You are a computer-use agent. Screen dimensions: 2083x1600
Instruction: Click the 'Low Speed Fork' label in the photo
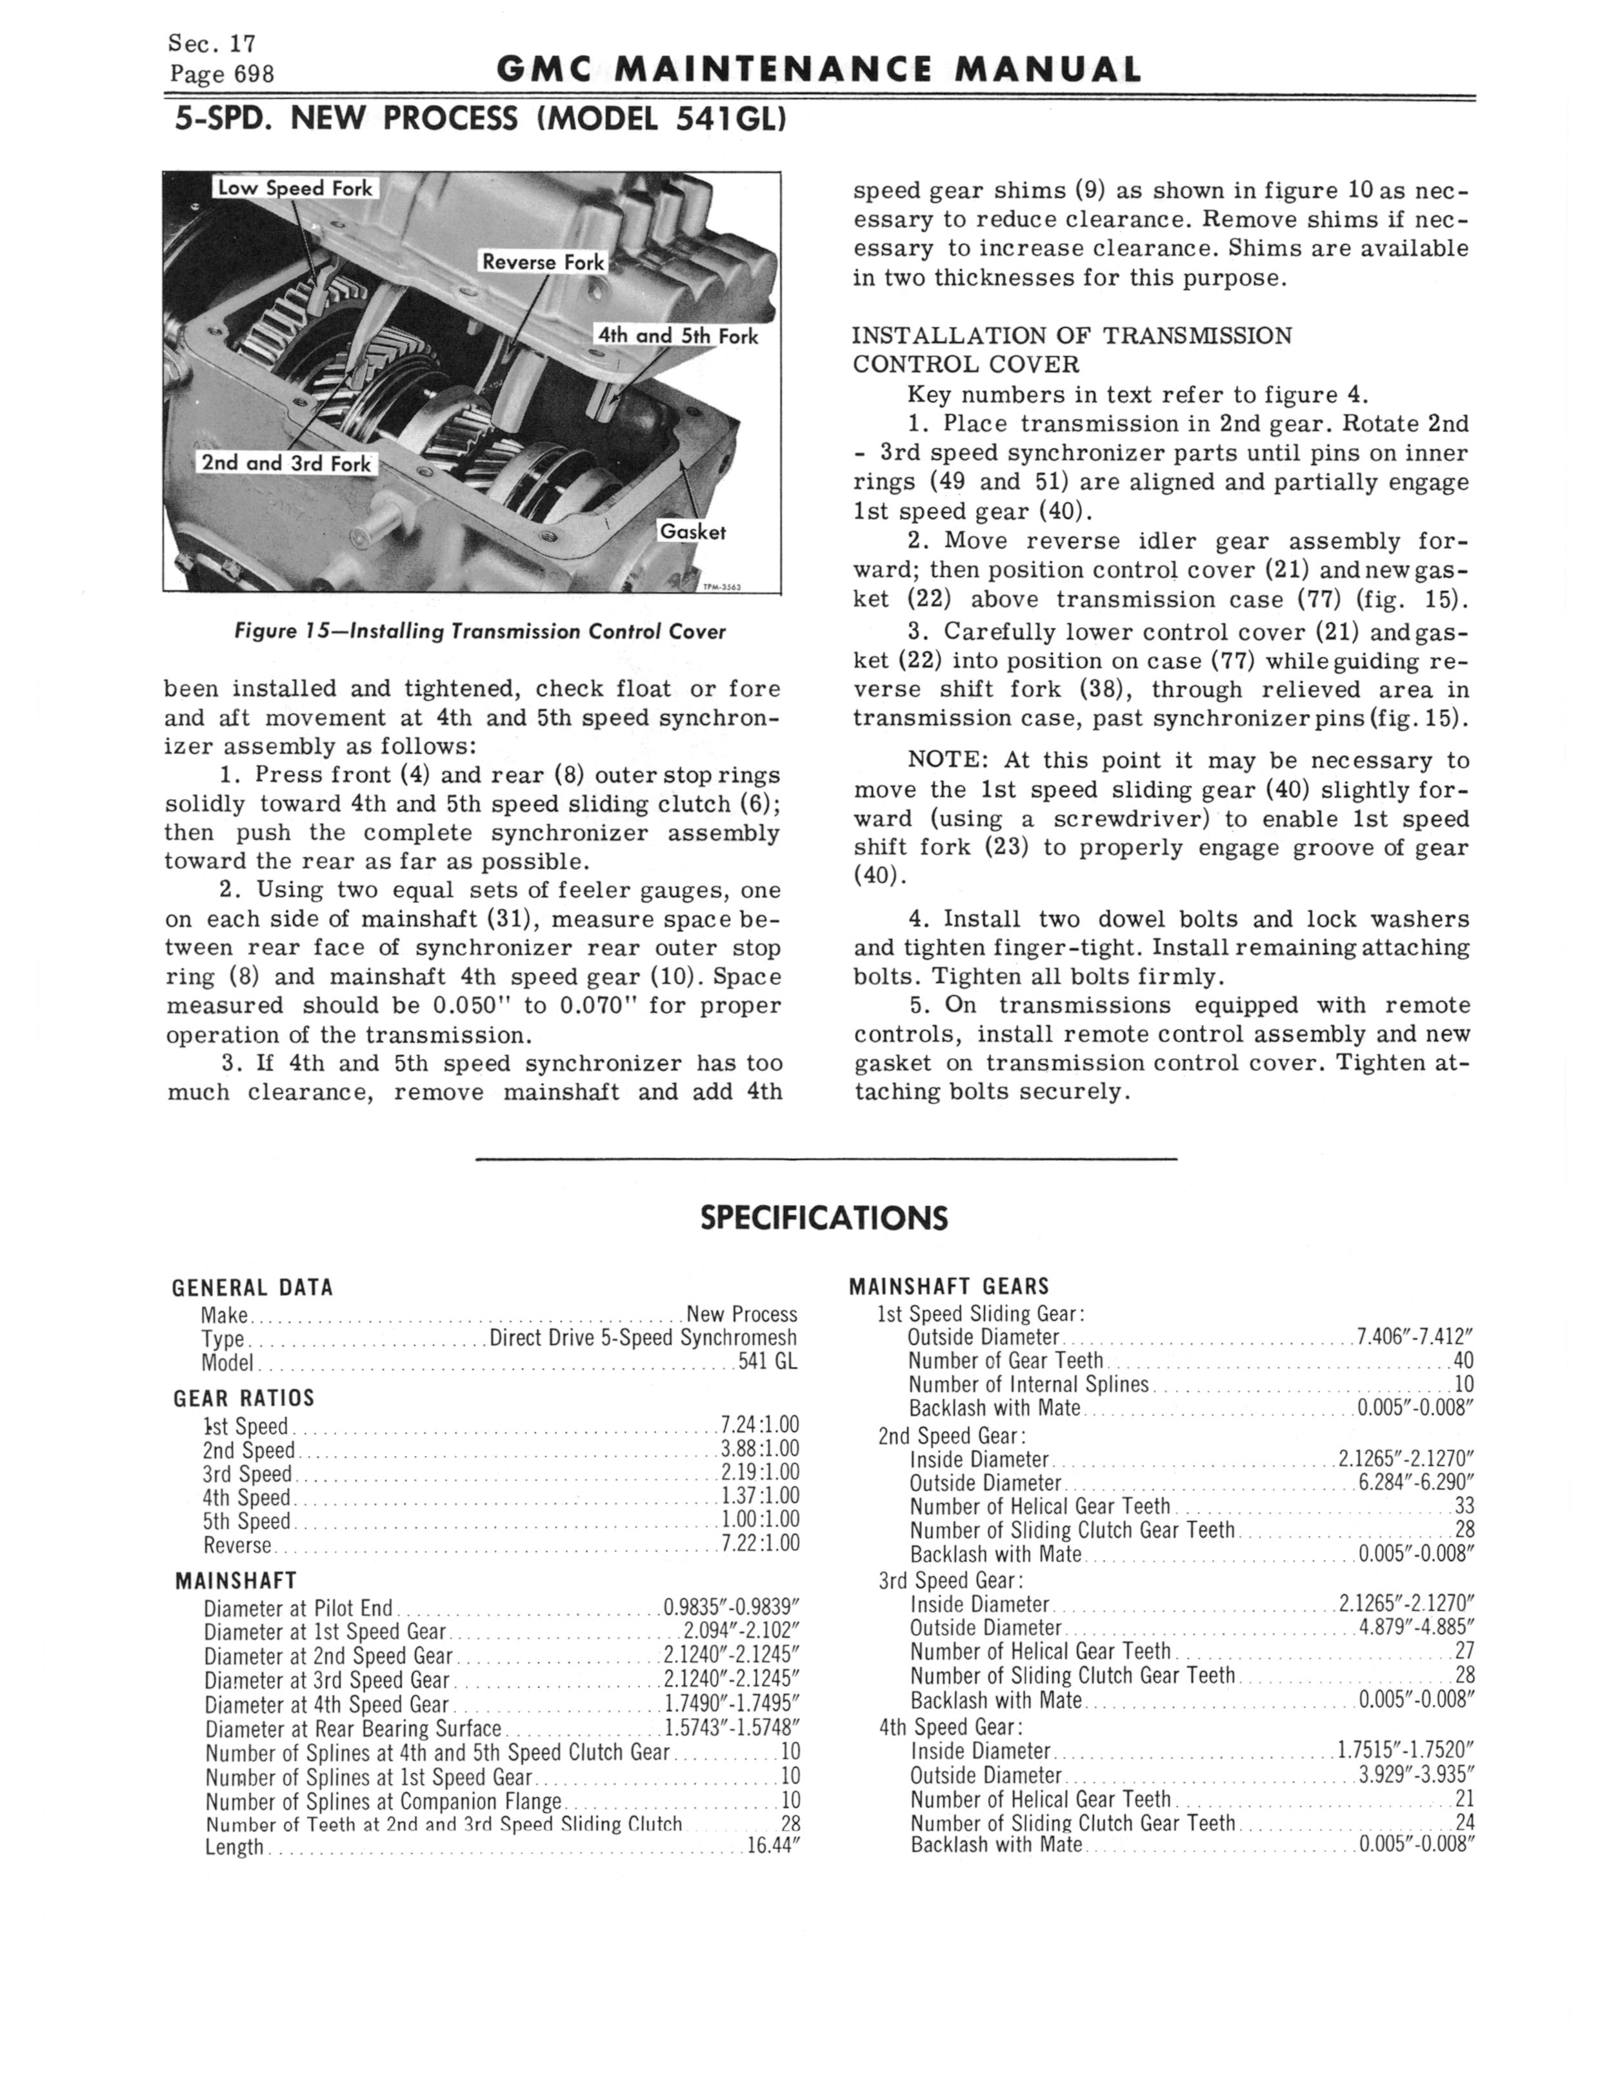click(294, 188)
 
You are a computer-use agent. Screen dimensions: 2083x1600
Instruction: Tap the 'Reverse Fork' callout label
click(543, 262)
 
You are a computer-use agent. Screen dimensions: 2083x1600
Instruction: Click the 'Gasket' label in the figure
click(692, 532)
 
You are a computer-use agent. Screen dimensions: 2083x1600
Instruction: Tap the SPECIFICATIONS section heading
click(824, 1218)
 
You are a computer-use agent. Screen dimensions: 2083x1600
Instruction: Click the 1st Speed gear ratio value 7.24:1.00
click(759, 1425)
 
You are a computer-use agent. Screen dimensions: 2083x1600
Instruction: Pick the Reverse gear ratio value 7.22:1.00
click(759, 1543)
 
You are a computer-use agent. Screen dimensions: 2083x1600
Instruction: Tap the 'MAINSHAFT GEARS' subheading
click(948, 1287)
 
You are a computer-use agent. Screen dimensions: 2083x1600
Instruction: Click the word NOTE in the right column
click(946, 761)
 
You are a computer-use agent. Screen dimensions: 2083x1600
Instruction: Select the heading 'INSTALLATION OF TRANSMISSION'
click(1072, 336)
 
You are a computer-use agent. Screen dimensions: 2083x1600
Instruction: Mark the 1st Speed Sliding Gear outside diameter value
click(1414, 1337)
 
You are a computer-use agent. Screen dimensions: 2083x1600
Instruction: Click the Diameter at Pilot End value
click(730, 1608)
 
